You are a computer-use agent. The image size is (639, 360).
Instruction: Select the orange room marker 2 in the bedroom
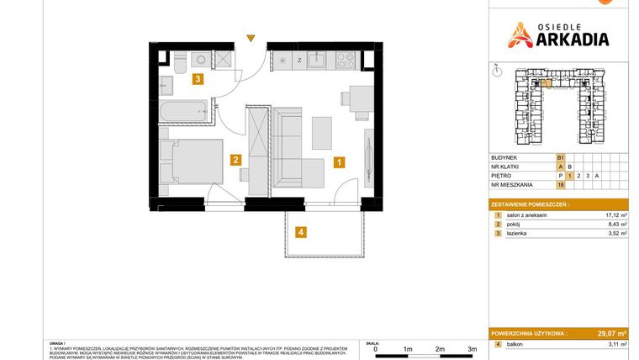237,160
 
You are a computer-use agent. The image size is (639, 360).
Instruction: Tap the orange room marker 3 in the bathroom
198,80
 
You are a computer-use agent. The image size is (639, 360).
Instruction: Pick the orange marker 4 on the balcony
301,232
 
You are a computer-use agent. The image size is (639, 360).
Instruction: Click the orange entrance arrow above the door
250,38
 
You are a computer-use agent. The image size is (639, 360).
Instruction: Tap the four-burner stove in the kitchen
346,60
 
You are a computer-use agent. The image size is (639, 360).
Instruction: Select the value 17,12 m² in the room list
614,215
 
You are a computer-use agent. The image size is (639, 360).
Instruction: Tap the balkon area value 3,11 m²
615,345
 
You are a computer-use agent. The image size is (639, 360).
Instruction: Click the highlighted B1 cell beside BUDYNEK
560,157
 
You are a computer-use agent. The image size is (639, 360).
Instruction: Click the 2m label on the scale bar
440,348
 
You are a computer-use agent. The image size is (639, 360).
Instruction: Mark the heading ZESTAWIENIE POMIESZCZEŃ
530,204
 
